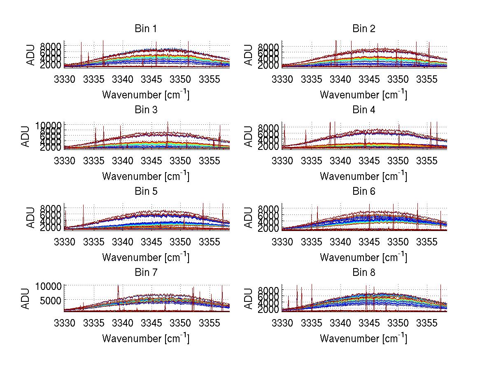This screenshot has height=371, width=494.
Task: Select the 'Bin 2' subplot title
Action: pyautogui.click(x=364, y=29)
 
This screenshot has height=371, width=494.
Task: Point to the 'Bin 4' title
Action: pyautogui.click(x=364, y=110)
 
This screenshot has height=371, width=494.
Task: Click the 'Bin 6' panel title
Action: pyautogui.click(x=364, y=191)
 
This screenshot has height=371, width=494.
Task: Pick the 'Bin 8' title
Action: pyautogui.click(x=364, y=273)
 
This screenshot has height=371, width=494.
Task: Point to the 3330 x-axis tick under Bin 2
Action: pyautogui.click(x=282, y=79)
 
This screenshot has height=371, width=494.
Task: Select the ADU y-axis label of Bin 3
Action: pyautogui.click(x=31, y=136)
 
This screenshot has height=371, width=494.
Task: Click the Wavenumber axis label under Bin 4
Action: pyautogui.click(x=364, y=176)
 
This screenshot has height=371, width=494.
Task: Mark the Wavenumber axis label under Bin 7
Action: pyautogui.click(x=146, y=338)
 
